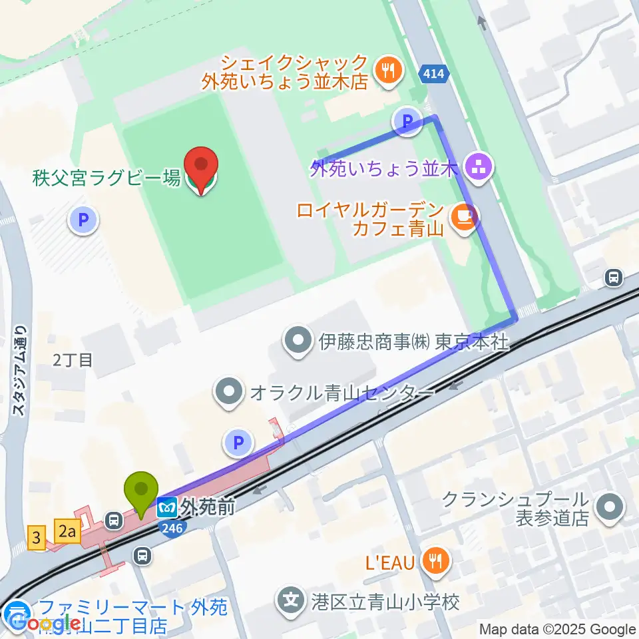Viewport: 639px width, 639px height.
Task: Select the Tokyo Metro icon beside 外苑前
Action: tap(166, 509)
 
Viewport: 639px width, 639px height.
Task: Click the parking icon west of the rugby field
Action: tap(85, 220)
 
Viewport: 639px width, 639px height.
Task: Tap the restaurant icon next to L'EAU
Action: tap(436, 562)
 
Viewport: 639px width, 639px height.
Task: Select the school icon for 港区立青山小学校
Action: tap(291, 602)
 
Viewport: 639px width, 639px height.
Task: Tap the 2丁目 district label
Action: tap(73, 360)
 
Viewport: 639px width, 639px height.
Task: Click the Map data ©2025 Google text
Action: tap(558, 629)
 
